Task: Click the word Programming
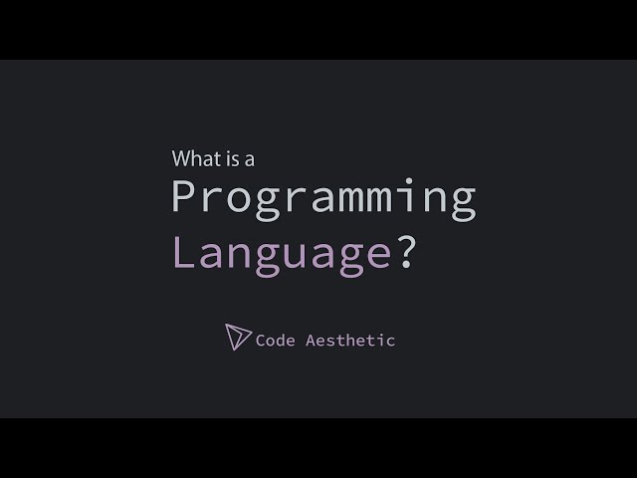point(323,199)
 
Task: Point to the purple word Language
point(281,254)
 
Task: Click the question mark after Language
point(406,252)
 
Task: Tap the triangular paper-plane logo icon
point(238,338)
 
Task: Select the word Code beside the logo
point(276,340)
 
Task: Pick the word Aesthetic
point(350,340)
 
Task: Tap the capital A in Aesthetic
point(312,340)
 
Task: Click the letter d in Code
point(281,340)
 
